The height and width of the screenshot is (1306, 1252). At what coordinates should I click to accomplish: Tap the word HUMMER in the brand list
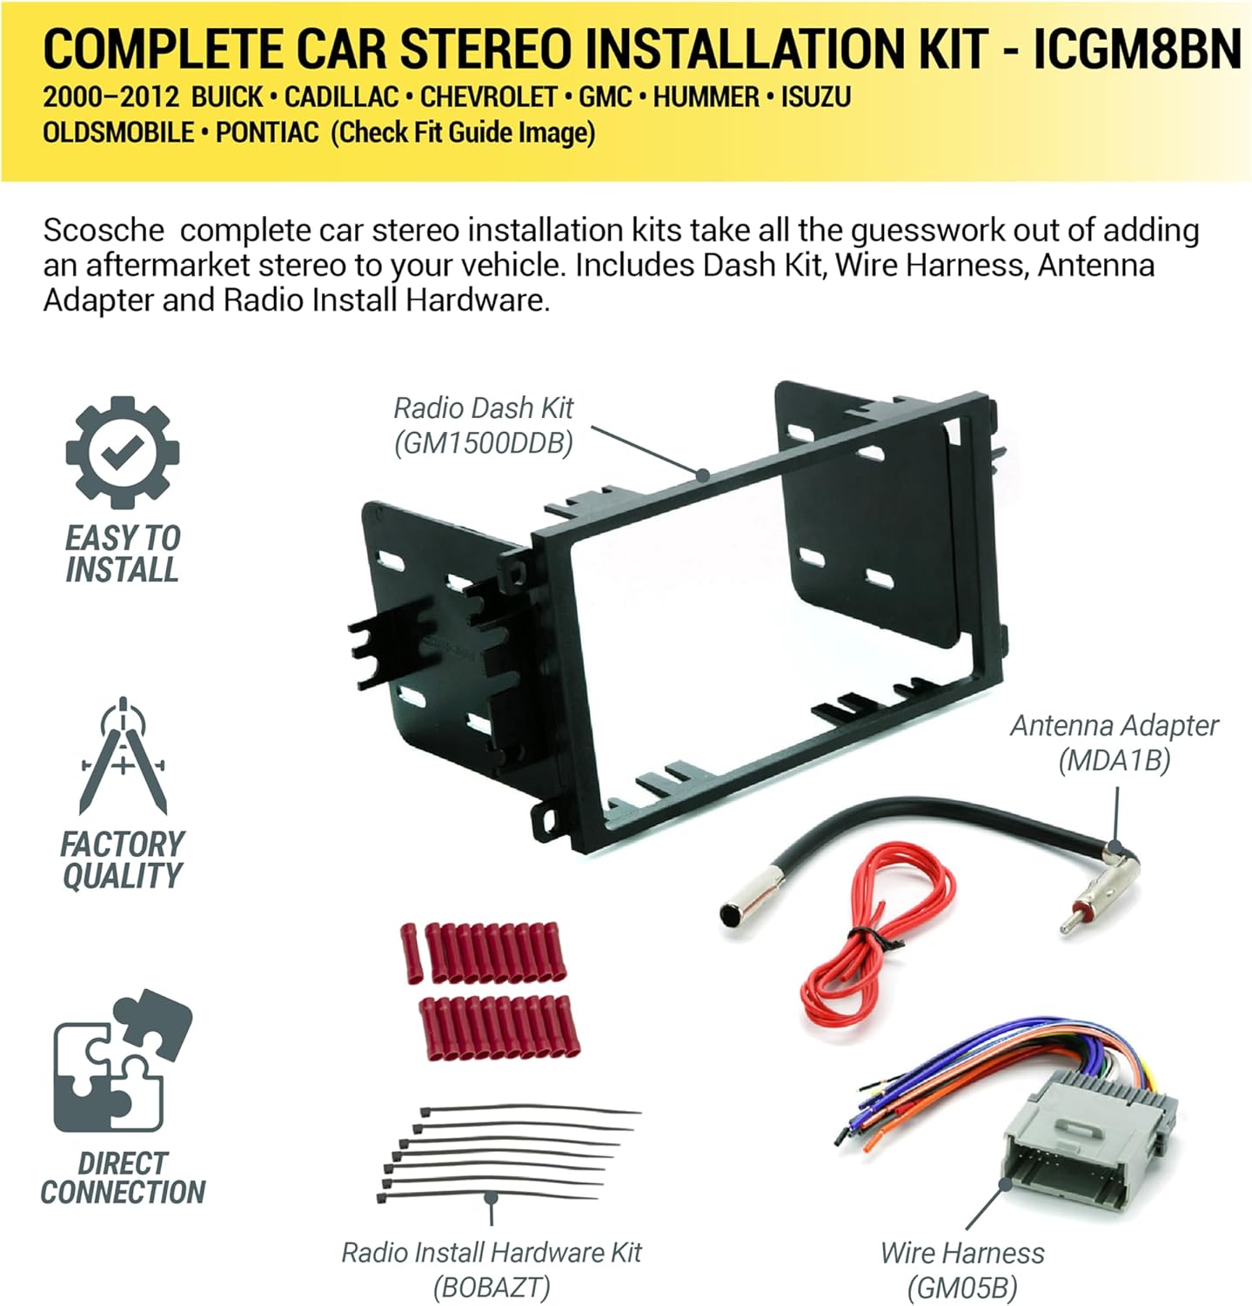(706, 97)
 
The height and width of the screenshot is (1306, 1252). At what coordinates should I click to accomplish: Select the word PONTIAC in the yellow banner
(267, 132)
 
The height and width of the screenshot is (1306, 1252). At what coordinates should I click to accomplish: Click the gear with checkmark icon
(123, 453)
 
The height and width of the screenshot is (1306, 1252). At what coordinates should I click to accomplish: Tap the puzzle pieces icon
(121, 1061)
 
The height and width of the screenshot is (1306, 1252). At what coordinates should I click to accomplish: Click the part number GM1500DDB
(484, 444)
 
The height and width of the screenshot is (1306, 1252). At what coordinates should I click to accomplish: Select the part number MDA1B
(1114, 761)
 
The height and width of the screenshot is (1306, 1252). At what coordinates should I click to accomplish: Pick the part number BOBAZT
(492, 1287)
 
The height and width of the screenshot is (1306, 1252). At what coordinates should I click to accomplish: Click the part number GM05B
(961, 1287)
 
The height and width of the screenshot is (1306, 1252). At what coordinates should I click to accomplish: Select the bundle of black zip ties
(505, 1154)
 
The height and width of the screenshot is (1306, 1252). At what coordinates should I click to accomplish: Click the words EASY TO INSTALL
(123, 554)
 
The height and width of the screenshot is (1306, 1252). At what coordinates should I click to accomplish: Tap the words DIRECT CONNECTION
(123, 1178)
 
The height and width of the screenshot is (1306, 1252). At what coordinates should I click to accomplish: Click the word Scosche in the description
(104, 231)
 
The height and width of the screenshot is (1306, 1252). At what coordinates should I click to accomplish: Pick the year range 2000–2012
(110, 97)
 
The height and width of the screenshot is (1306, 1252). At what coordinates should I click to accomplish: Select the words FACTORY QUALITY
(123, 859)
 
